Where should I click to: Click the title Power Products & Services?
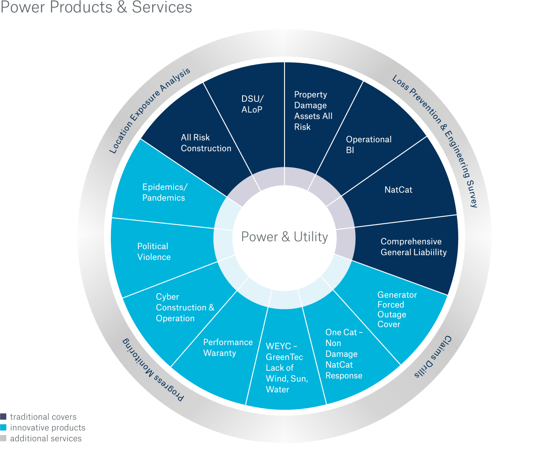[x=96, y=8]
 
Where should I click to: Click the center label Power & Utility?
[x=284, y=237]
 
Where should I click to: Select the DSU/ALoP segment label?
[x=252, y=104]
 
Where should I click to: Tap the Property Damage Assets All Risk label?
[x=313, y=111]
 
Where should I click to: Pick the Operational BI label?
[x=368, y=145]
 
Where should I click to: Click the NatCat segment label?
[x=398, y=190]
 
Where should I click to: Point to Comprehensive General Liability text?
[x=413, y=247]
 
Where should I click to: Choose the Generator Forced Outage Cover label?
[x=396, y=309]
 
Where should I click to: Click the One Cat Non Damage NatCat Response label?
[x=343, y=354]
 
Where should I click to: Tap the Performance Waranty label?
[x=228, y=348]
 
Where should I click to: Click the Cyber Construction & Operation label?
[x=185, y=308]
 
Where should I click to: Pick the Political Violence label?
[x=153, y=251]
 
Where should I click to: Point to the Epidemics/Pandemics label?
[x=164, y=192]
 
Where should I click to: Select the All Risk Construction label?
[x=206, y=143]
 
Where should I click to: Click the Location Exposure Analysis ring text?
[x=149, y=111]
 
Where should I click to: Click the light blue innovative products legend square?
[x=3, y=428]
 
